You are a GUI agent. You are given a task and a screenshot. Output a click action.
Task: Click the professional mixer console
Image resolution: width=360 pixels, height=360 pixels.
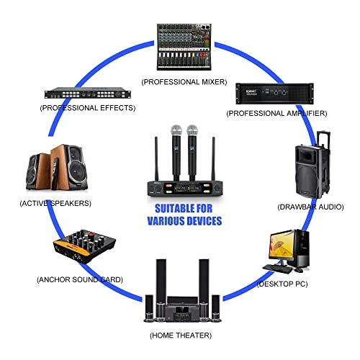(x=184, y=47)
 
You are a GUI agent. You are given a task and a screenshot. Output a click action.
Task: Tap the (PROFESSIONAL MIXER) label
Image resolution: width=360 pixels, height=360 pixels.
(x=184, y=82)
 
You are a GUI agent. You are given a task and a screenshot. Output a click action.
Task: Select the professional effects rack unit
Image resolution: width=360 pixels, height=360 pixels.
(x=88, y=93)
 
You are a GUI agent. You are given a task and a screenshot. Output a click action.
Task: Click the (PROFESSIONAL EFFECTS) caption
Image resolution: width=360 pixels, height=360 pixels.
(x=88, y=108)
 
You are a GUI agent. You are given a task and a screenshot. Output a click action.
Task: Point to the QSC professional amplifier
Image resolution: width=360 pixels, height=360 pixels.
(x=274, y=94)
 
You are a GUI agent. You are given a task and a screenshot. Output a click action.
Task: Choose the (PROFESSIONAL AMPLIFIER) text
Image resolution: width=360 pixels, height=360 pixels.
(x=276, y=113)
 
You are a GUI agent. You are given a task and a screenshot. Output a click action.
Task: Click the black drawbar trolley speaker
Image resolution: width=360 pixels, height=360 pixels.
(x=312, y=165)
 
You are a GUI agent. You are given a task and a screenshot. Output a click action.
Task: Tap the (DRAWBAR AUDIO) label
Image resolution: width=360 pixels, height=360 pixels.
(x=310, y=207)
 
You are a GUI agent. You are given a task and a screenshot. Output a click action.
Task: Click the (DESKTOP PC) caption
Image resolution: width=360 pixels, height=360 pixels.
(x=282, y=284)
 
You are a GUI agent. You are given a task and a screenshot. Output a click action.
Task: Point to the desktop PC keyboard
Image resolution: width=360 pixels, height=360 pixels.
(x=278, y=269)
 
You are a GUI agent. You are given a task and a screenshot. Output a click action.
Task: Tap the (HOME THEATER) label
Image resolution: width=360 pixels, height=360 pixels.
(x=181, y=336)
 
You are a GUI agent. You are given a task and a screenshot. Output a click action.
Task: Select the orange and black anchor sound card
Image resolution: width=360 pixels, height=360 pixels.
(x=84, y=246)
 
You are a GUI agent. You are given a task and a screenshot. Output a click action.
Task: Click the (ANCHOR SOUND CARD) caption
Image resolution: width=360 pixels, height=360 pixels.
(x=80, y=279)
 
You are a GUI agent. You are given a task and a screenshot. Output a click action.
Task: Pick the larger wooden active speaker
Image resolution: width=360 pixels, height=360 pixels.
(x=69, y=167)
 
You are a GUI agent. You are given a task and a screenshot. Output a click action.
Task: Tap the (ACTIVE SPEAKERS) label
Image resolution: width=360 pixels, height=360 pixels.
(x=55, y=203)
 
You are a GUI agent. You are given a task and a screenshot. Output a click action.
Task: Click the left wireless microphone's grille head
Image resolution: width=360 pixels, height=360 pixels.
(x=176, y=131)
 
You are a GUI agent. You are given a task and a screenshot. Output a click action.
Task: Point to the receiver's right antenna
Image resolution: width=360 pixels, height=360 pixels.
(x=213, y=159)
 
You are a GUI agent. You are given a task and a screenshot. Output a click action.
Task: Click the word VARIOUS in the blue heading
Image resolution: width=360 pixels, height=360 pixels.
(x=167, y=221)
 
